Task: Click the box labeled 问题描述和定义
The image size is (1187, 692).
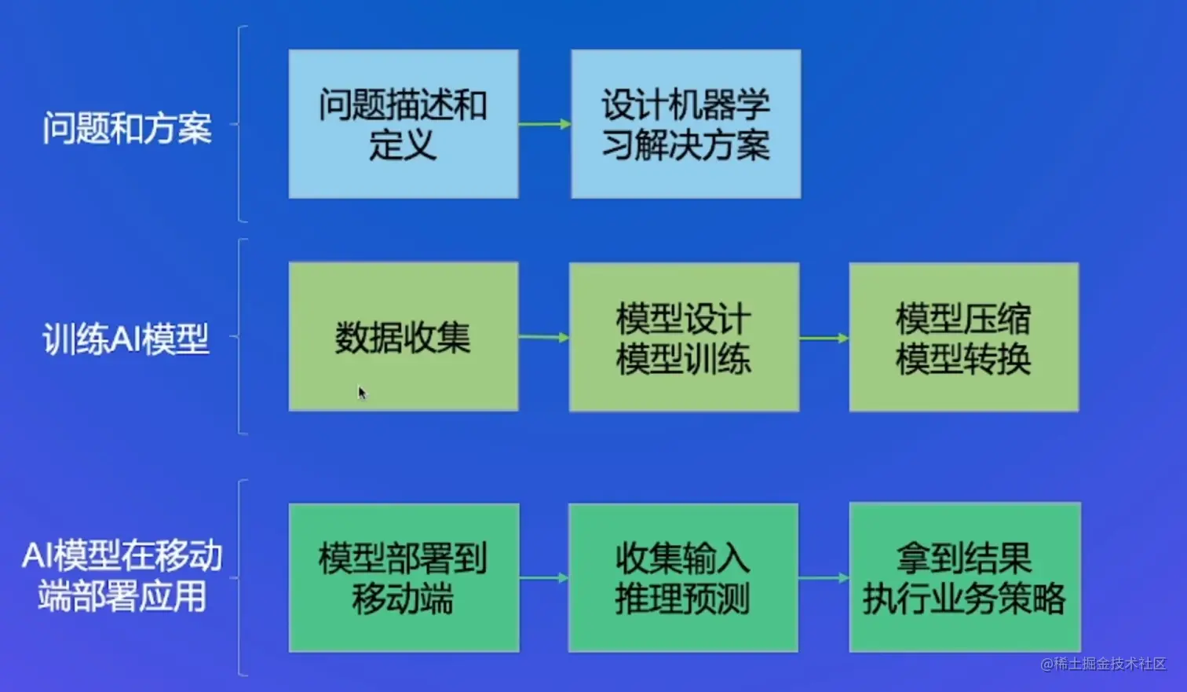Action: (x=403, y=124)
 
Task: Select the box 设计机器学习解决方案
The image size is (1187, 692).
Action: (x=685, y=124)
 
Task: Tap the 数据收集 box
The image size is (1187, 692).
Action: (x=403, y=337)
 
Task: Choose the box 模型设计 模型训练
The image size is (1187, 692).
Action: (x=684, y=338)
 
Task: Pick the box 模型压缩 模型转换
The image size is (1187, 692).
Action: (x=963, y=338)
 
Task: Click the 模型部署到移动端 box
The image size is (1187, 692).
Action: (x=404, y=578)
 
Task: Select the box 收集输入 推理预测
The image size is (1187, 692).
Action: (x=683, y=578)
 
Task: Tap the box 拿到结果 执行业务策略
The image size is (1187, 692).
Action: (x=964, y=578)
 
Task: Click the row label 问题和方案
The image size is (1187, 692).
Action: (x=127, y=127)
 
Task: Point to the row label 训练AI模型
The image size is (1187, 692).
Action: (x=126, y=339)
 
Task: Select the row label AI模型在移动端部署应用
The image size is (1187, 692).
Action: (x=122, y=576)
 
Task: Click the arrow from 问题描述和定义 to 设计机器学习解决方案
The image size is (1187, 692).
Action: (x=544, y=124)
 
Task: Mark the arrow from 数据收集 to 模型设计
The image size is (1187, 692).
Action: (x=543, y=338)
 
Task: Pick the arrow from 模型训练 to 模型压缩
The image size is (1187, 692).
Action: (x=824, y=339)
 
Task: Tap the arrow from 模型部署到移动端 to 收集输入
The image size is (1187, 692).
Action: (x=543, y=578)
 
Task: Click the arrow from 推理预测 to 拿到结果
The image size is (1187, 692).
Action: (x=824, y=578)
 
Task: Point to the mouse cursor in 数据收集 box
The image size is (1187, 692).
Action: (x=361, y=392)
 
